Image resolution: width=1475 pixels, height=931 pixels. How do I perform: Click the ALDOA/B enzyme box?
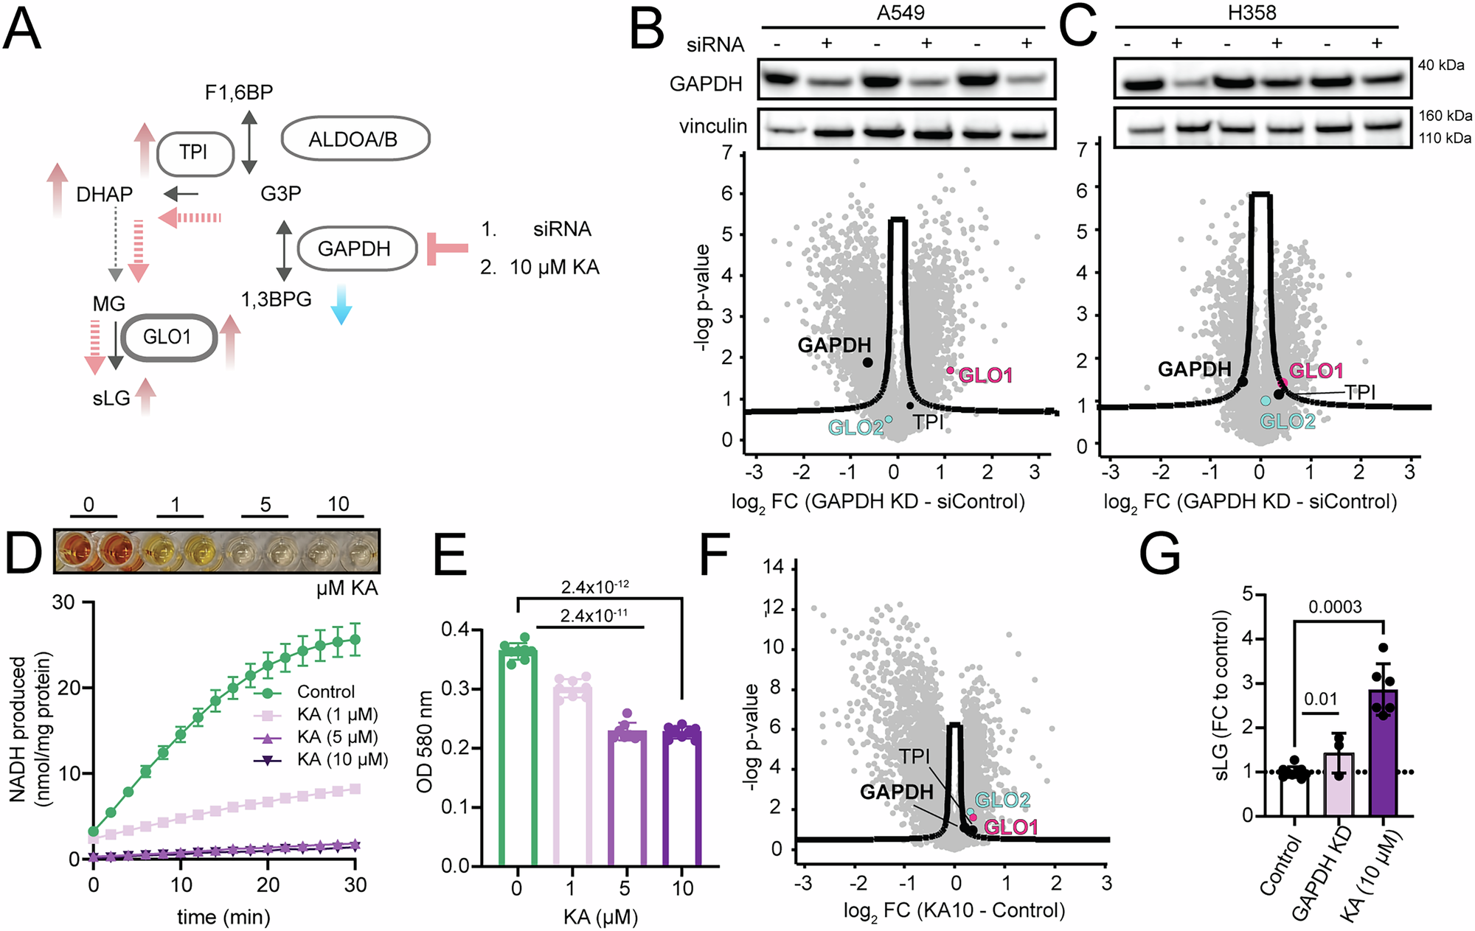coord(355,139)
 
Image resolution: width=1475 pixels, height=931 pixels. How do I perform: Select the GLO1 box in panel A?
coord(169,338)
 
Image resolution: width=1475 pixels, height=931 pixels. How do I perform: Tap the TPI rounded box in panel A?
coord(195,153)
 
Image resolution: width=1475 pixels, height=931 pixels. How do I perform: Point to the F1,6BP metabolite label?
coord(239,93)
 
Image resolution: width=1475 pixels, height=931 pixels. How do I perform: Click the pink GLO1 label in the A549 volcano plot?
coord(985,376)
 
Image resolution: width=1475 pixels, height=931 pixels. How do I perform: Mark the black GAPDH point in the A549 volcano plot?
coord(867,362)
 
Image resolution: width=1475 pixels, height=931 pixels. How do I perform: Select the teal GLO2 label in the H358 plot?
coord(1287,422)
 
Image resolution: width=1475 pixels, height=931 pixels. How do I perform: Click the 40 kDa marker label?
coord(1441,66)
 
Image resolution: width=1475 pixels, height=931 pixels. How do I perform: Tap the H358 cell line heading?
coord(1252,13)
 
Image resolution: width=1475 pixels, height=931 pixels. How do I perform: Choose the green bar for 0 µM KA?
coord(517,756)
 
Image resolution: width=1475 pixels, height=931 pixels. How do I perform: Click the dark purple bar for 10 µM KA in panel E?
coord(682,796)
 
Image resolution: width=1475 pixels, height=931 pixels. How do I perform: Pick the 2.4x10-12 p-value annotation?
coord(594,587)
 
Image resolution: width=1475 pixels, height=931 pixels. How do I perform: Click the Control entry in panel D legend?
coord(325,692)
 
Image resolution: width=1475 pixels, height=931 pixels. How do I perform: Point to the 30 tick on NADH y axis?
coord(63,603)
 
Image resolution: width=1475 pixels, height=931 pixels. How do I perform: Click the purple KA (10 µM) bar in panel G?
coord(1383,752)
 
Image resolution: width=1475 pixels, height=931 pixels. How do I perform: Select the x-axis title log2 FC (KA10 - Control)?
coord(954,911)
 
